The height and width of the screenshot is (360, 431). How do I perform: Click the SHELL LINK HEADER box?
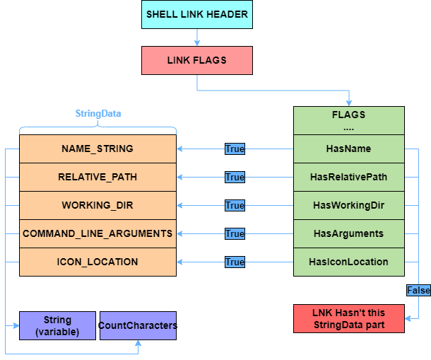196,14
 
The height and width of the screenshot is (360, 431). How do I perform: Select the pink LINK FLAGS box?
196,61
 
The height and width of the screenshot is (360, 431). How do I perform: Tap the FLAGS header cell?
348,120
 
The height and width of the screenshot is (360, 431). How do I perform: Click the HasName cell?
348,149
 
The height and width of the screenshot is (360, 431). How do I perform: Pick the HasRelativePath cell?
348,177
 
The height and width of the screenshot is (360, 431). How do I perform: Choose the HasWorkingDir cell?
348,205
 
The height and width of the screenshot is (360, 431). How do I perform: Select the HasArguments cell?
348,233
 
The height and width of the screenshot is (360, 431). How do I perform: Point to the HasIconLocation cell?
348,262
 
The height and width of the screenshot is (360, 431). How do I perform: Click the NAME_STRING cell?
98,149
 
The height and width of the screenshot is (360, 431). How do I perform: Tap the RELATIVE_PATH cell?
98,177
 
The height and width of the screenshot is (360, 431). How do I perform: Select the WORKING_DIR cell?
98,205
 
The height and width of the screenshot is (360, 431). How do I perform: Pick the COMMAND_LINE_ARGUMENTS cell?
98,233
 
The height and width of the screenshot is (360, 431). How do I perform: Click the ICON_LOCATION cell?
98,262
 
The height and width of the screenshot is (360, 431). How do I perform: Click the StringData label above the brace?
98,113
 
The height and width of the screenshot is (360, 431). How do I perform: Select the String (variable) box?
57,326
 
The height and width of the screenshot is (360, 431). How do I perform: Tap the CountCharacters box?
138,326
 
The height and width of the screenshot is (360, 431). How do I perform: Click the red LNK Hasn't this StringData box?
348,318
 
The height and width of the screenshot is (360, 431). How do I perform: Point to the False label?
418,291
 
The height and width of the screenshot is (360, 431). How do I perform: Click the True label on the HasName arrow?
235,149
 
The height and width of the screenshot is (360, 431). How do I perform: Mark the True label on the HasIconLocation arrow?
235,262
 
